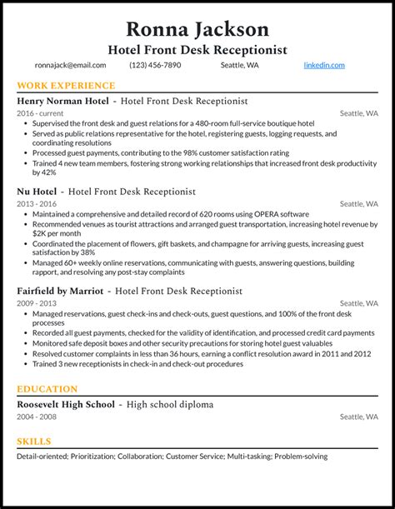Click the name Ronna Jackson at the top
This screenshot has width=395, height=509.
tap(197, 28)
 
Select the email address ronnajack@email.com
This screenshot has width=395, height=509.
tap(69, 65)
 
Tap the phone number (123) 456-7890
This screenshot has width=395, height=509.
tap(156, 65)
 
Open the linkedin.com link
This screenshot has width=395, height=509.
tap(324, 65)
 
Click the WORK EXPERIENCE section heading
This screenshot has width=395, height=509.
tap(66, 86)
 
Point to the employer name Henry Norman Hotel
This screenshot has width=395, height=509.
tap(63, 101)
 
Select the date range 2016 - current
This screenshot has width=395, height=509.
tap(38, 113)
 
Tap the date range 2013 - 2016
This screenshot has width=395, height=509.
tap(36, 203)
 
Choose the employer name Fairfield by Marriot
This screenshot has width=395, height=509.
tap(60, 291)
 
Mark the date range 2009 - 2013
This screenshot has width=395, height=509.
tap(36, 303)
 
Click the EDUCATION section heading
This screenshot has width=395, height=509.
tap(47, 389)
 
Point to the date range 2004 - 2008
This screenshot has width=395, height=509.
tap(36, 417)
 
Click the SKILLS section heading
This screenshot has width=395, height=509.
tap(34, 442)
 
